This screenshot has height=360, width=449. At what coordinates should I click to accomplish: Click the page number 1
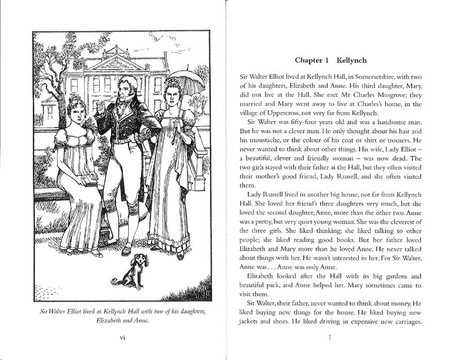click(330, 338)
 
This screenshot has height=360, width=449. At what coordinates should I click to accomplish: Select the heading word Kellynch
click(351, 60)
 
